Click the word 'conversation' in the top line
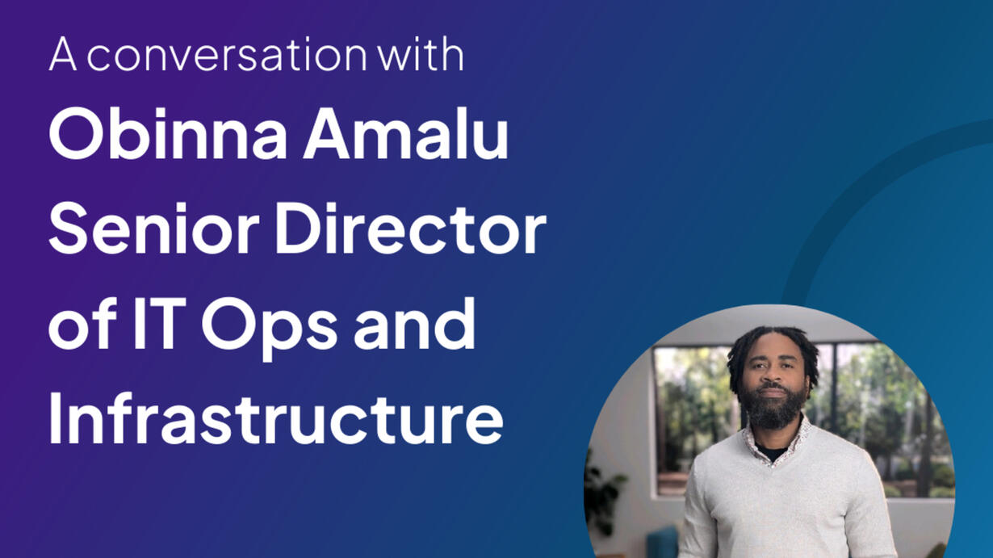227,54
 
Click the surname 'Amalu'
405,133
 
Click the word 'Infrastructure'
276,417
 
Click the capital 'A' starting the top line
63,54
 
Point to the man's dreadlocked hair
773,350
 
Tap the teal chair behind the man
663,542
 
